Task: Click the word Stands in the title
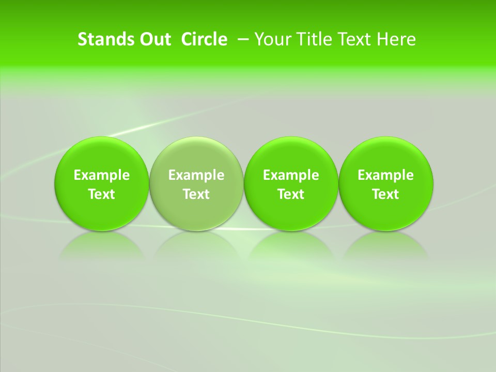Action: pyautogui.click(x=105, y=39)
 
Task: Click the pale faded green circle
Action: pyautogui.click(x=196, y=155)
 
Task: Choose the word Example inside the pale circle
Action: pyautogui.click(x=196, y=175)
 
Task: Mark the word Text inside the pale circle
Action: pyautogui.click(x=196, y=194)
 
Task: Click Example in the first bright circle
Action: pyautogui.click(x=102, y=175)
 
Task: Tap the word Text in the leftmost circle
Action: pyautogui.click(x=102, y=194)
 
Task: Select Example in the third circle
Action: pyautogui.click(x=291, y=175)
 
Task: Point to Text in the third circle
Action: pyautogui.click(x=291, y=194)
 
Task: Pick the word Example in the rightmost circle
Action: pyautogui.click(x=386, y=175)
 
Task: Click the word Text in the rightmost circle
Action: pyautogui.click(x=386, y=194)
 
